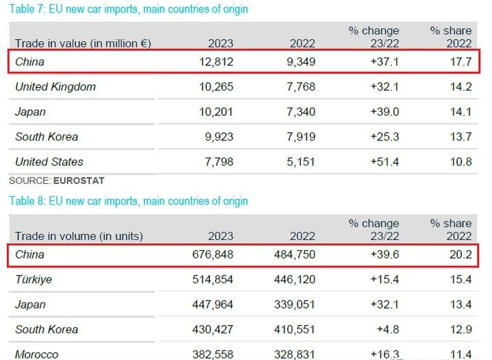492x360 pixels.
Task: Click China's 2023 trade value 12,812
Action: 214,62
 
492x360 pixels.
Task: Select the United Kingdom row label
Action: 56,87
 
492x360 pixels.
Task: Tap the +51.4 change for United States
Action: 384,162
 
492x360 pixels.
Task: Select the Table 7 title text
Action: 128,10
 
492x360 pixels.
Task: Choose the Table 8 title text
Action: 128,201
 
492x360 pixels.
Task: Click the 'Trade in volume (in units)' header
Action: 79,236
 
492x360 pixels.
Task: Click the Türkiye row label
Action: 34,280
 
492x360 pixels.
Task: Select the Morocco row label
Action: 37,354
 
